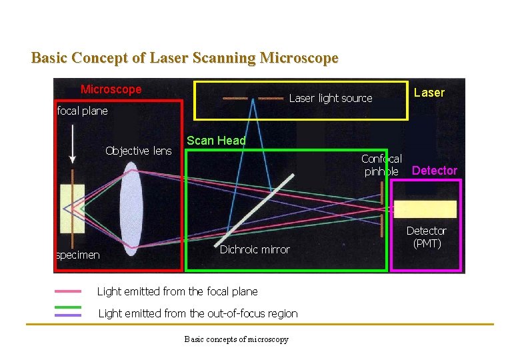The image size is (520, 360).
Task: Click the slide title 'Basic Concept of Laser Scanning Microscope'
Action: tap(185, 58)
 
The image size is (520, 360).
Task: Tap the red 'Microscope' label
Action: tap(111, 89)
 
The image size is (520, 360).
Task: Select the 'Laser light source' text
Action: tap(331, 99)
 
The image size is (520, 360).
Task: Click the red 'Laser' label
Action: tap(429, 93)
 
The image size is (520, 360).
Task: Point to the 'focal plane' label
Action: tap(82, 111)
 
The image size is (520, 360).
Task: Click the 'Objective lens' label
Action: tap(138, 151)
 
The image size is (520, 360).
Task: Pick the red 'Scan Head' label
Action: tap(216, 141)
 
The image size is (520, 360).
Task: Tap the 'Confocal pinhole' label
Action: tap(381, 165)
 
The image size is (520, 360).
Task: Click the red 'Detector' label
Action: tap(434, 171)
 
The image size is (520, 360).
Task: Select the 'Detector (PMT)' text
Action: tap(427, 237)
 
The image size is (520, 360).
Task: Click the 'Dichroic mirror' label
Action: tap(255, 249)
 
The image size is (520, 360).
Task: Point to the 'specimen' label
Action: tap(78, 255)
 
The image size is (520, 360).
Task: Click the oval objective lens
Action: tap(131, 203)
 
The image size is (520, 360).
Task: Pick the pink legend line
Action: tap(68, 291)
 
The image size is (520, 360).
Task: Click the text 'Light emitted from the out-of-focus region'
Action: tap(198, 313)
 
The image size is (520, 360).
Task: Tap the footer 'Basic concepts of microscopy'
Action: tap(237, 339)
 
